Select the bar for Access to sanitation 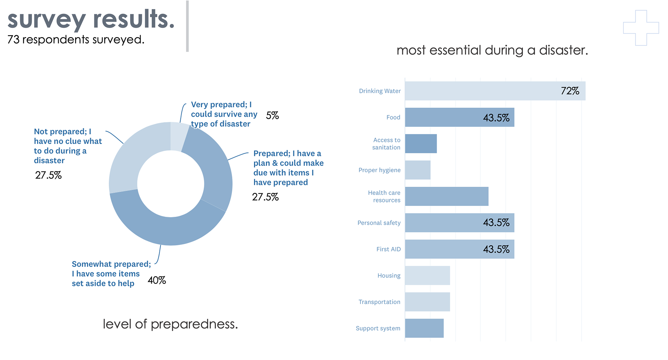tap(421, 144)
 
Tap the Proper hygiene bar tap(417, 170)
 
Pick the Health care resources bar tap(446, 196)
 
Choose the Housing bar tap(427, 275)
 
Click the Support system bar tap(424, 328)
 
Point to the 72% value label tap(570, 91)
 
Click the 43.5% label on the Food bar tap(496, 118)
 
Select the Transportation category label tap(379, 302)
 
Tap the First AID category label tap(388, 249)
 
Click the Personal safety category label tap(379, 223)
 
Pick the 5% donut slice tap(179, 136)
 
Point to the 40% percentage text tap(157, 280)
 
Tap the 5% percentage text tap(272, 115)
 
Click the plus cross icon tap(641, 28)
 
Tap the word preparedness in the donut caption tap(194, 324)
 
